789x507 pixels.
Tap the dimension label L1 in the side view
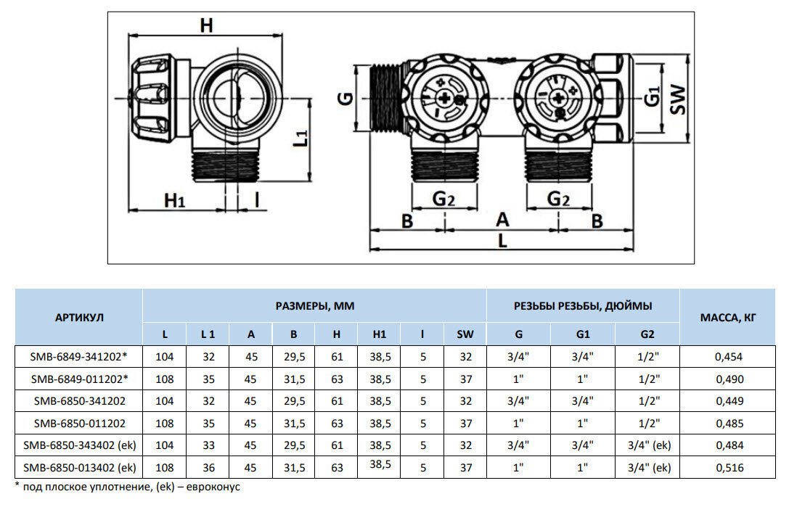(301, 137)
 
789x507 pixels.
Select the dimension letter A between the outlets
(502, 219)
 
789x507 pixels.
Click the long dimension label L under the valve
(503, 242)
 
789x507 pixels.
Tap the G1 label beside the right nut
(653, 96)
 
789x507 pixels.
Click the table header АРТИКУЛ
(79, 317)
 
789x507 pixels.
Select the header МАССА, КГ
(729, 317)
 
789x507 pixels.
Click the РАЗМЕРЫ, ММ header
(314, 306)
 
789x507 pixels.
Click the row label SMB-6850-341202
(79, 400)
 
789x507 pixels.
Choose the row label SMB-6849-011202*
(79, 379)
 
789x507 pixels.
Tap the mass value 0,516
(729, 468)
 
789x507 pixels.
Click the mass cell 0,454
(729, 356)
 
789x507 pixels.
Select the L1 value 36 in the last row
(208, 468)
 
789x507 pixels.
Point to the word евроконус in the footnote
(216, 487)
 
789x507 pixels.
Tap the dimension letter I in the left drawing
(257, 200)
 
